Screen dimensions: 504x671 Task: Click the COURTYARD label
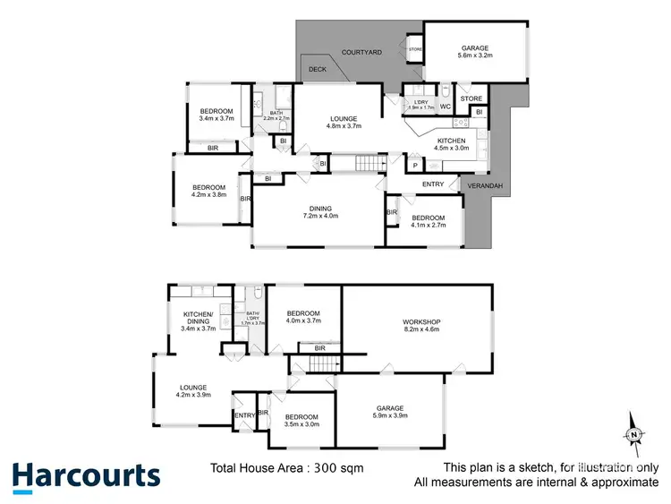361,53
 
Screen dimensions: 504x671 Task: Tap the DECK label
317,69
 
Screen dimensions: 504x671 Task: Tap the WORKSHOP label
417,321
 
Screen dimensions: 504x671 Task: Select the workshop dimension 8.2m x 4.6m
417,330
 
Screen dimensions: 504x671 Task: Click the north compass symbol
633,433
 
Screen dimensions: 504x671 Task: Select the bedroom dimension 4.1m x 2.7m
429,226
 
